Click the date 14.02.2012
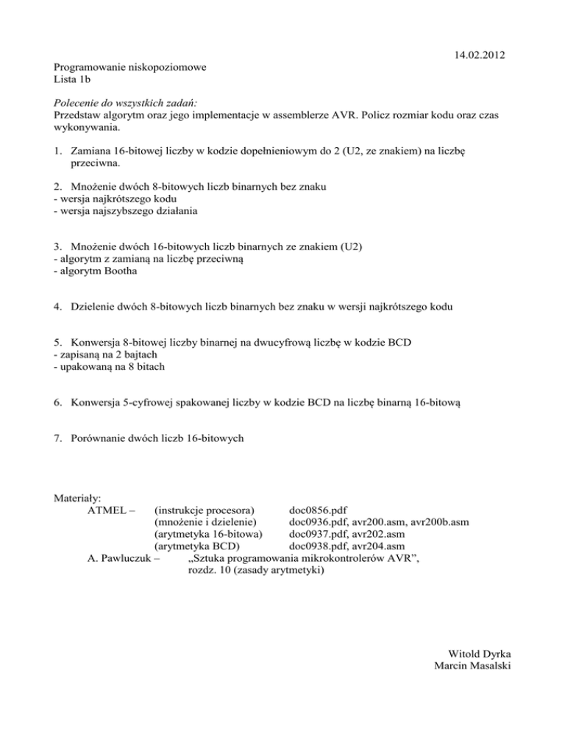[x=480, y=55]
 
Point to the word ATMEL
[x=107, y=510]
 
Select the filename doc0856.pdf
[x=319, y=510]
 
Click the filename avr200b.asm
[x=440, y=522]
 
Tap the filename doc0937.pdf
[x=319, y=534]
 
